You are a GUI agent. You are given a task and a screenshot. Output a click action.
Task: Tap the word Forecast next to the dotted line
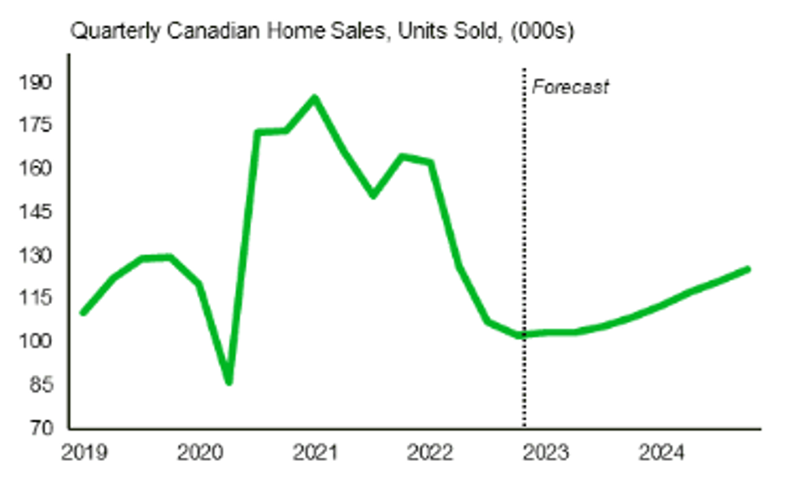click(x=569, y=87)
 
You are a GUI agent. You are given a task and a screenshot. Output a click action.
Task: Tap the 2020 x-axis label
click(x=198, y=452)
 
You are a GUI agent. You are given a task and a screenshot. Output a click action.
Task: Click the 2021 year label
click(x=315, y=452)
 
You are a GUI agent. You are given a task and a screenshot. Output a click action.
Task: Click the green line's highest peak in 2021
click(x=315, y=98)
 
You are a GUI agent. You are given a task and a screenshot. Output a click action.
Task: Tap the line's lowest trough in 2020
click(x=229, y=381)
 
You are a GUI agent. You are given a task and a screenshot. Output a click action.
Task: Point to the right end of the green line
click(x=747, y=269)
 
